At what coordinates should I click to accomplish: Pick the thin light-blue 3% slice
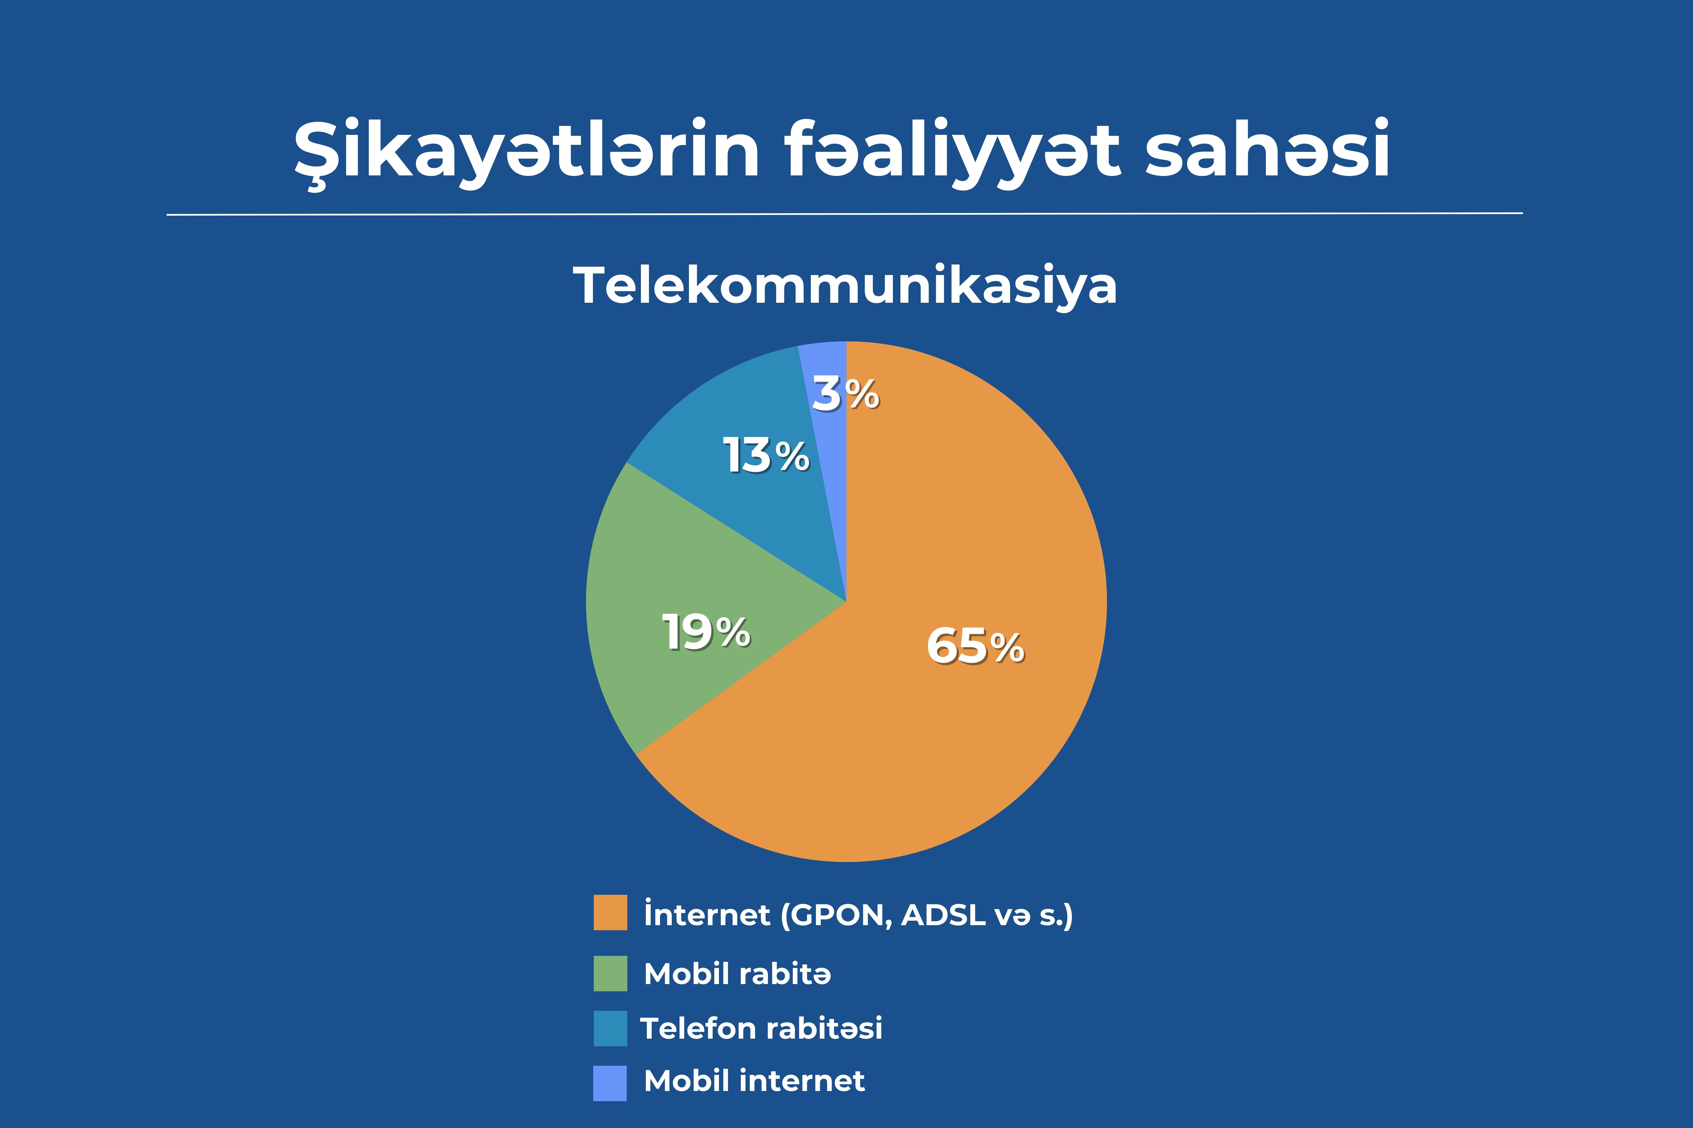point(828,432)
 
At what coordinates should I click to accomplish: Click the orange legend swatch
point(610,912)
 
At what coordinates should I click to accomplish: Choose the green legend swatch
point(610,973)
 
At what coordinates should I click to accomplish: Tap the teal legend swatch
point(610,1028)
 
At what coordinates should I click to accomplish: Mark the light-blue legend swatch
point(610,1083)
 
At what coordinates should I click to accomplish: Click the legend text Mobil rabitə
point(737,973)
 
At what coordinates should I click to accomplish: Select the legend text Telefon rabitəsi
point(761,1028)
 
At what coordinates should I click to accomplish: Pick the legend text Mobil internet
point(754,1081)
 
